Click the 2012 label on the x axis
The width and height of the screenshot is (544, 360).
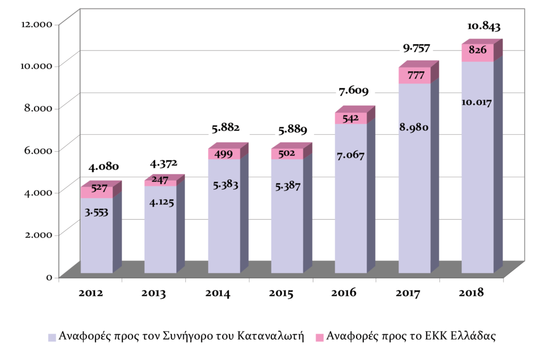click(x=90, y=293)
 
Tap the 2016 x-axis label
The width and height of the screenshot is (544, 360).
click(x=345, y=293)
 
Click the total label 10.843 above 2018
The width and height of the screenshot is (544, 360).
click(x=483, y=26)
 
